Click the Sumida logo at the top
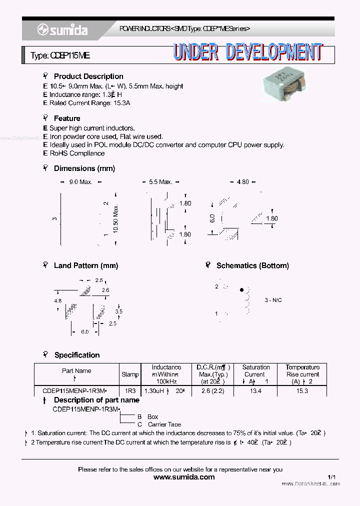click(62, 30)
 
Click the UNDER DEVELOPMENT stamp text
click(247, 52)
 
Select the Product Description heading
click(88, 76)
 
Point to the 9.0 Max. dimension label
click(80, 182)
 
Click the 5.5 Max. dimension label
click(160, 182)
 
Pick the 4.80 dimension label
click(242, 182)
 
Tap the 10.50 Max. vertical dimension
click(115, 218)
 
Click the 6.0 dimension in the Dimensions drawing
click(212, 219)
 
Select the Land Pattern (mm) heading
click(86, 265)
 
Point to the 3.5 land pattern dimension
click(118, 311)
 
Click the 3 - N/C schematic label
click(273, 300)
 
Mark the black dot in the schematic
click(242, 289)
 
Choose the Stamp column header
click(130, 374)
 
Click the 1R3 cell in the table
click(130, 391)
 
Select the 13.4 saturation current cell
click(255, 391)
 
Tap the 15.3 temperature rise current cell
click(302, 391)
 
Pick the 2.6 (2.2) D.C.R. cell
click(212, 391)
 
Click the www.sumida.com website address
click(184, 477)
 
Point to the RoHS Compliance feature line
click(73, 153)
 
